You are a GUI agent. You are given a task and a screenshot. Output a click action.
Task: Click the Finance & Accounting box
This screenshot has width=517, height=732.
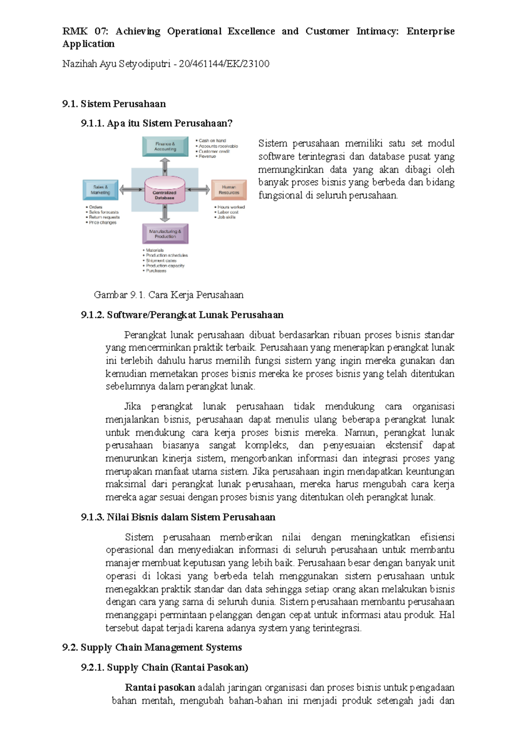click(165, 147)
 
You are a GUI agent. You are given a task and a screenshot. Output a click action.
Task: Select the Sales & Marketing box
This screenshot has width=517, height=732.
click(100, 190)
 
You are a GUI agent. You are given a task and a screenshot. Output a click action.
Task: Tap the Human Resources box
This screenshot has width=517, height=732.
click(229, 190)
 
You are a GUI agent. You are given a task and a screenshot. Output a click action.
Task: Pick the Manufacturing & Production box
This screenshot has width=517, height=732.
click(165, 234)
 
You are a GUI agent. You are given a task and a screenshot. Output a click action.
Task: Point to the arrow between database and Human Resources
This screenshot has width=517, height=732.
click(198, 190)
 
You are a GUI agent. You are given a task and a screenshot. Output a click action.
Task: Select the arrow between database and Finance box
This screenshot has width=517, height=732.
click(165, 166)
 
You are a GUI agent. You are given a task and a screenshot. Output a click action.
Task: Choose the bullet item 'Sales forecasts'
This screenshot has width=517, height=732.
click(103, 212)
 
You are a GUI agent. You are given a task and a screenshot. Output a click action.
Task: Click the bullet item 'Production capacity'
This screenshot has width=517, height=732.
click(165, 266)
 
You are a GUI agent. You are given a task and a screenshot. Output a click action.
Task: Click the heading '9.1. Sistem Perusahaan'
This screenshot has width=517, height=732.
click(114, 104)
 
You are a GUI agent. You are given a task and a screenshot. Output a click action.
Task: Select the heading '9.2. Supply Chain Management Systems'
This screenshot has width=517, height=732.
click(152, 648)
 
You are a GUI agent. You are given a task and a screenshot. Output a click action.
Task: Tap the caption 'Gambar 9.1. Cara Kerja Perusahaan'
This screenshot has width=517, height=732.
click(168, 295)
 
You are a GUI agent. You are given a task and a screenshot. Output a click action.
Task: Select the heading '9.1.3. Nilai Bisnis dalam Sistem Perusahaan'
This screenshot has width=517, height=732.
click(178, 517)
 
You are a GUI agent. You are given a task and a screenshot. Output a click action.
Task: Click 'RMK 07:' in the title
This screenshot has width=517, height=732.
click(85, 31)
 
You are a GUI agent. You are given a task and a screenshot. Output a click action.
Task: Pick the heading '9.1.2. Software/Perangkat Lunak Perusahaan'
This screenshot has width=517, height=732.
click(182, 315)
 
